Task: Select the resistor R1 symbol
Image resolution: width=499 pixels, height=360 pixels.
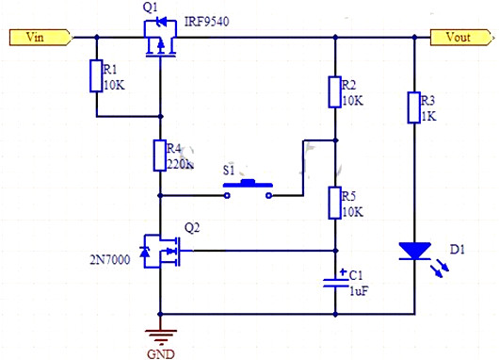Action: [x=95, y=76]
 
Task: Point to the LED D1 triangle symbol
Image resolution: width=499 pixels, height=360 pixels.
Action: [x=413, y=252]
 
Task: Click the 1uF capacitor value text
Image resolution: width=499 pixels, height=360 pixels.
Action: [x=358, y=291]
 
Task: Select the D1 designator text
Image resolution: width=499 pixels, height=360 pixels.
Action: [x=458, y=250]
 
